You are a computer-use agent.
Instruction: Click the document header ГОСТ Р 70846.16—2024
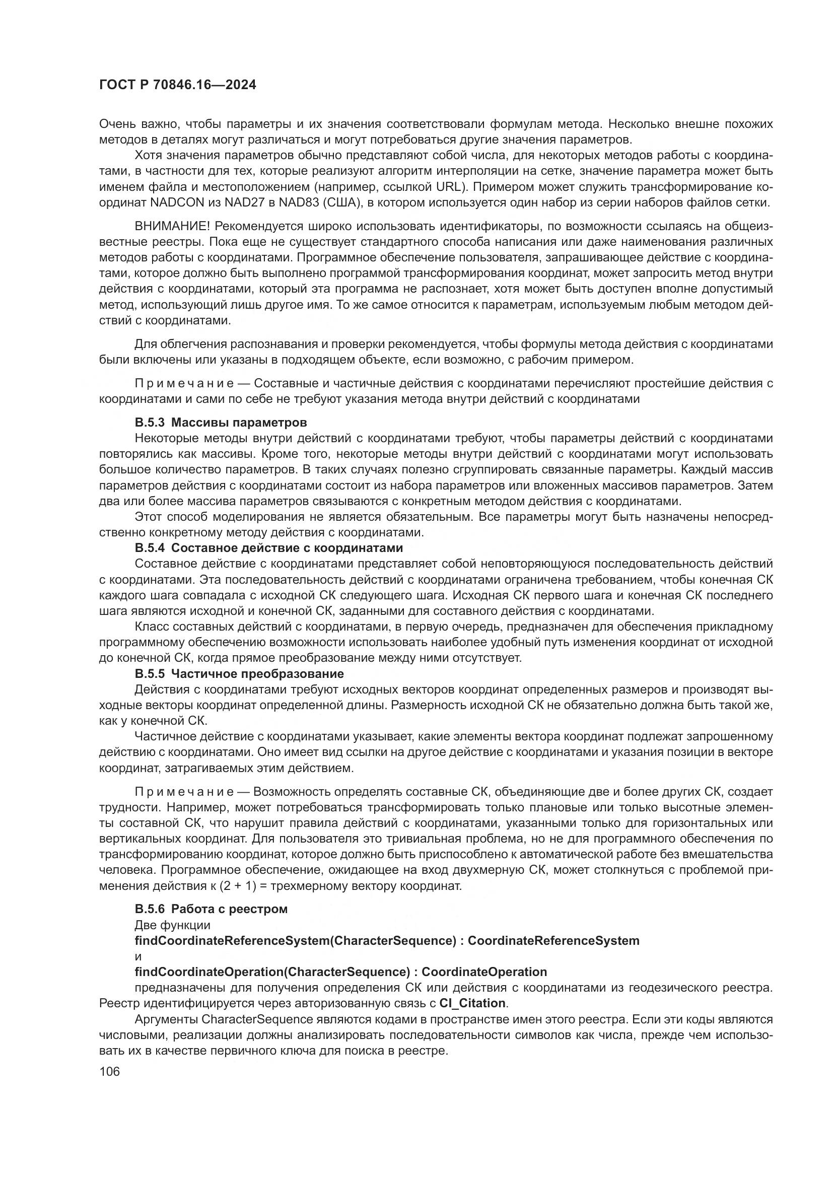[177, 85]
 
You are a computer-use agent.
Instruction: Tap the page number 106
[110, 1071]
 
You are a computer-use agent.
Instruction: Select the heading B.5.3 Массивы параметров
[221, 422]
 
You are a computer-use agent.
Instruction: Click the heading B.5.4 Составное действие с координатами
[269, 547]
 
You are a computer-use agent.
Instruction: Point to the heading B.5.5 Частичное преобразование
[239, 673]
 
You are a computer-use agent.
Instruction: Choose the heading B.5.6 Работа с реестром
[211, 909]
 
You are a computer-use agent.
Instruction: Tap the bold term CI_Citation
[472, 1003]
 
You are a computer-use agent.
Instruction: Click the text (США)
[342, 202]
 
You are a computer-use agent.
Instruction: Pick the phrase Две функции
[172, 925]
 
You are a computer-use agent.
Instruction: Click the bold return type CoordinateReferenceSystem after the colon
[553, 940]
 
